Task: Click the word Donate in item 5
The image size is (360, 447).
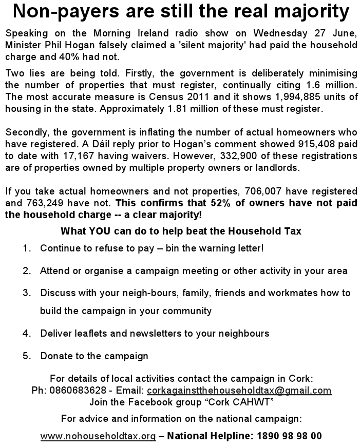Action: [55, 356]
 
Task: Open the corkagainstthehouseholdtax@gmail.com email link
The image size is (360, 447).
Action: [239, 390]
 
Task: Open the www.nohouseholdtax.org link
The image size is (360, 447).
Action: [98, 436]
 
